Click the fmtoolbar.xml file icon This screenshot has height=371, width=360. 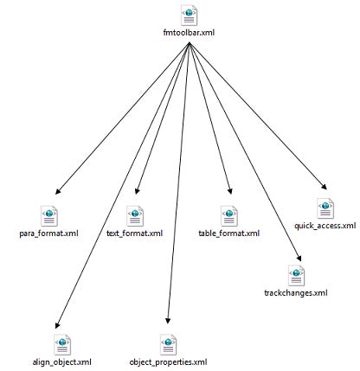pos(189,16)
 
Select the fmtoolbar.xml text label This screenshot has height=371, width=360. pos(189,33)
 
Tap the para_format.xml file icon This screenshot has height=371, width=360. pos(49,216)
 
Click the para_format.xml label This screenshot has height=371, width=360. pos(48,233)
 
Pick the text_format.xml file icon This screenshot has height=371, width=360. pos(135,216)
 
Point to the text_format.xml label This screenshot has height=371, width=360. pos(135,233)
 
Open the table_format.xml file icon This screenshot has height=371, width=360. pos(229,216)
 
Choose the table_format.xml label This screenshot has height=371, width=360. pos(229,233)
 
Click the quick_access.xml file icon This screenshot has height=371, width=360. pos(325,208)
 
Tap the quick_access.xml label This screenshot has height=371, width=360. pos(325,226)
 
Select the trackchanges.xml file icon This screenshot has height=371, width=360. pos(296,275)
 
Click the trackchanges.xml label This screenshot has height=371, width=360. pos(296,293)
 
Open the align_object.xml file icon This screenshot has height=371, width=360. pos(62,345)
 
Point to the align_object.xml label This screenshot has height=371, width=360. pos(62,361)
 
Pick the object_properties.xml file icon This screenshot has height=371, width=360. pos(168,345)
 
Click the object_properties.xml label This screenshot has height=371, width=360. pos(168,361)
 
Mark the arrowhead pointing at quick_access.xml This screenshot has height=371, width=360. pos(325,187)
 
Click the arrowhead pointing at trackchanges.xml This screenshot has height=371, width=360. pos(299,259)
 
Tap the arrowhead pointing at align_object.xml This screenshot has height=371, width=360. pos(57,325)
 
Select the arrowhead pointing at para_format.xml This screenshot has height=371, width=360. pos(58,191)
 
